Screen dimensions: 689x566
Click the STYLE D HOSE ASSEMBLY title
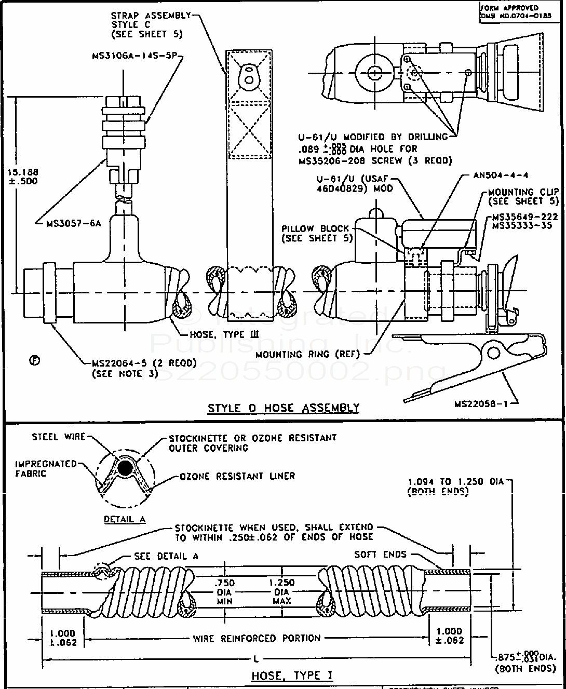(x=284, y=408)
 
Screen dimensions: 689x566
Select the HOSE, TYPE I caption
(x=292, y=676)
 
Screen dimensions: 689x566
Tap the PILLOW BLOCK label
(x=317, y=233)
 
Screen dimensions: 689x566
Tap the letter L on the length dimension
(x=255, y=659)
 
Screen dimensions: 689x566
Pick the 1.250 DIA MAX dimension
(x=282, y=591)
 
